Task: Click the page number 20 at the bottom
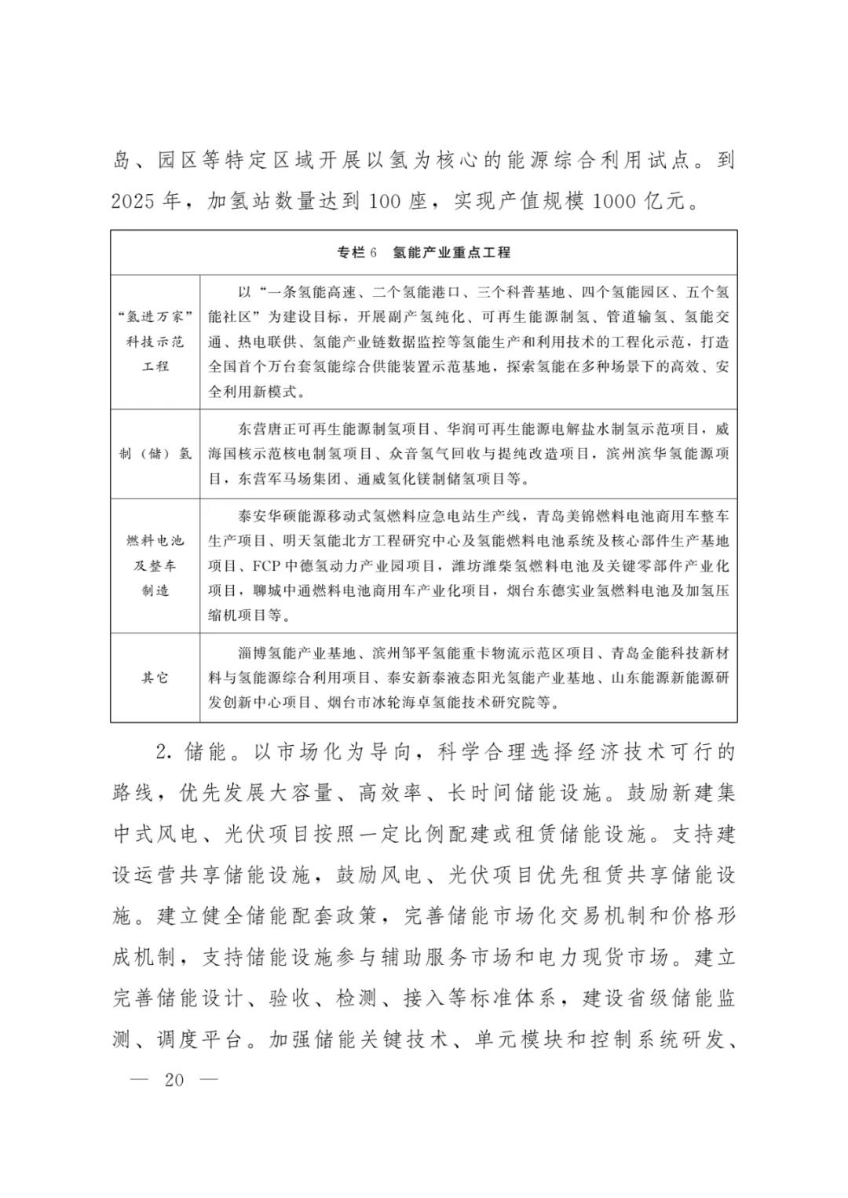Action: (x=174, y=1079)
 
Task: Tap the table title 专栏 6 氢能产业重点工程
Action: (x=423, y=252)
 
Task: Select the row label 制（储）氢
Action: (x=155, y=454)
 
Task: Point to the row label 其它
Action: (x=155, y=677)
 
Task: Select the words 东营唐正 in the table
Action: (x=266, y=429)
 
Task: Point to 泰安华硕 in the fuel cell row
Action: (x=266, y=517)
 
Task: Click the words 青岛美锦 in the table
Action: (x=565, y=517)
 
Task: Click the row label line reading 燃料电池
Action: (x=155, y=540)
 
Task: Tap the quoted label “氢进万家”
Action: (x=155, y=317)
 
